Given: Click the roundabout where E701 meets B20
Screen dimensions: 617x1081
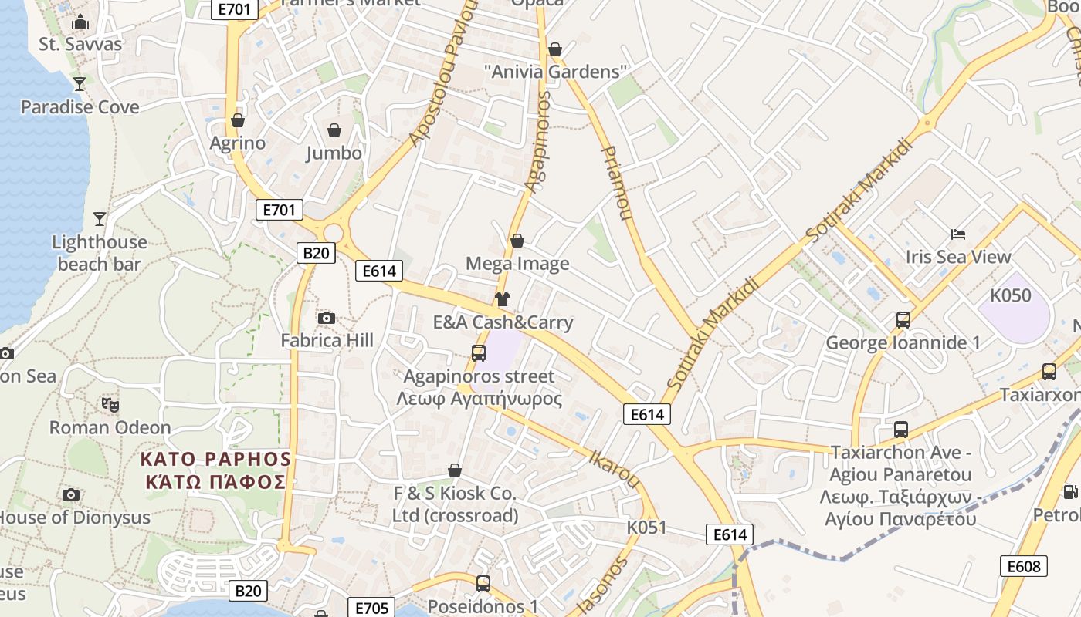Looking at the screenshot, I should coord(334,233).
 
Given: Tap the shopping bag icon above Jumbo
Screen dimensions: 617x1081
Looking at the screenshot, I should coord(334,130).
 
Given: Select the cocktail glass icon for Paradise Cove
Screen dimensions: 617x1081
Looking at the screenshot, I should coord(79,84).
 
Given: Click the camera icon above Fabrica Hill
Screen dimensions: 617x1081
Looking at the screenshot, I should coord(327,318).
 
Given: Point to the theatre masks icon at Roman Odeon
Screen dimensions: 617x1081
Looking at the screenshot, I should coord(110,404).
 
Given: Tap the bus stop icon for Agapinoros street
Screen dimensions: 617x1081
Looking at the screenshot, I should coord(479,353).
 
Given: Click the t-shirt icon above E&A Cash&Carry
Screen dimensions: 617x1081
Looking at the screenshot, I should coord(503,299).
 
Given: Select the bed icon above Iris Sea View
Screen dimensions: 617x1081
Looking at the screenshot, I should coord(958,234).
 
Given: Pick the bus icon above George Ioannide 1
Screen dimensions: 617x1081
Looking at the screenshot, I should coord(903,319).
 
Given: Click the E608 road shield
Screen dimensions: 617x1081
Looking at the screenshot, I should coord(1025,566).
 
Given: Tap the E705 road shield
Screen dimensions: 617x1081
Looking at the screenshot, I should coord(372,608).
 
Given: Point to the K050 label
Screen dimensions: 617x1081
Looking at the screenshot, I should coord(1011,295).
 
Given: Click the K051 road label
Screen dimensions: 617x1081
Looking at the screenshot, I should coord(646,527).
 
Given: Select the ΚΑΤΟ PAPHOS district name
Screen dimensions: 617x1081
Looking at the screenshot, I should coord(215,460).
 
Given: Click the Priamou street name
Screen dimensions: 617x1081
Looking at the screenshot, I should coord(615,183).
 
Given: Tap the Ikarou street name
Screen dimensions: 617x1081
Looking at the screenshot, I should coord(615,467).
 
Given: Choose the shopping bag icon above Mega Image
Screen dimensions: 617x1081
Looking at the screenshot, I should coord(517,241).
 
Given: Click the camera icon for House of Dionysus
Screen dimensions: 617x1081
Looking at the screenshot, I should coord(71,494).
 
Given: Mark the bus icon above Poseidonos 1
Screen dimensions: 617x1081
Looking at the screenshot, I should coord(483,584).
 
